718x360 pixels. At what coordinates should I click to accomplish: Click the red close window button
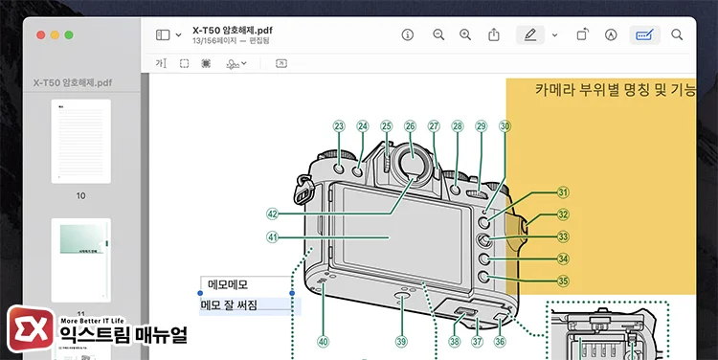41,34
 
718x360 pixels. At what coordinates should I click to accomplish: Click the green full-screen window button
68,34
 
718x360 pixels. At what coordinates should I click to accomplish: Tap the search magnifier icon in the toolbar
677,34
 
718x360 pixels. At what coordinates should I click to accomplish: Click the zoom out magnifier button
438,34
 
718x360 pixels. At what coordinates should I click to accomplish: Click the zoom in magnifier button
465,34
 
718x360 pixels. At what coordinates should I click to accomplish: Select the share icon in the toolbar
494,34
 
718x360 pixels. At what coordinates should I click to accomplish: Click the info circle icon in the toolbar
408,34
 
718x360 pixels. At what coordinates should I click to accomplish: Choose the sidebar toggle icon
163,34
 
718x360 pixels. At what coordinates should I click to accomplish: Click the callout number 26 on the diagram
410,125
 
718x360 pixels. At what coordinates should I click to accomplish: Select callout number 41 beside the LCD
272,237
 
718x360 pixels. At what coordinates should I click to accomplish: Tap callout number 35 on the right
563,281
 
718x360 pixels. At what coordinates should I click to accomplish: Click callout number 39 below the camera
401,340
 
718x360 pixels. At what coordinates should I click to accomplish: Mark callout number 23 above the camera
339,125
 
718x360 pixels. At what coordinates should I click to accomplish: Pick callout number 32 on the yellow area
563,215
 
